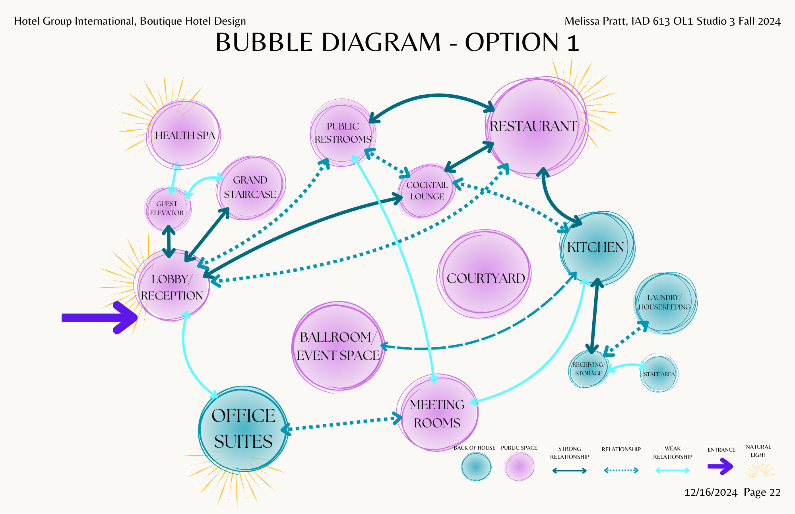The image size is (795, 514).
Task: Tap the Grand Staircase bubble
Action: pyautogui.click(x=250, y=187)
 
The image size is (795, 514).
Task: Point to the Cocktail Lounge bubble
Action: pyautogui.click(x=427, y=191)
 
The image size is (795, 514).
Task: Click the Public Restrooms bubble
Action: pyautogui.click(x=343, y=133)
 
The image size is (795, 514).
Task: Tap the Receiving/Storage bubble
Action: pyautogui.click(x=588, y=369)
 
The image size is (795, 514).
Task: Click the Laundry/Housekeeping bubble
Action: pyautogui.click(x=665, y=303)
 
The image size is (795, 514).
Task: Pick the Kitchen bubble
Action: pyautogui.click(x=595, y=247)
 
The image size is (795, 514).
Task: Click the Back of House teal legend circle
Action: pyautogui.click(x=476, y=467)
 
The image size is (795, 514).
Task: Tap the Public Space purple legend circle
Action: pyautogui.click(x=519, y=467)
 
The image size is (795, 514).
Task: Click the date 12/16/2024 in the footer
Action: pyautogui.click(x=710, y=493)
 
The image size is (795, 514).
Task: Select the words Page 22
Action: pyautogui.click(x=762, y=493)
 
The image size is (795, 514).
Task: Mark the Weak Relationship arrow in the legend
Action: pyautogui.click(x=672, y=471)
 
